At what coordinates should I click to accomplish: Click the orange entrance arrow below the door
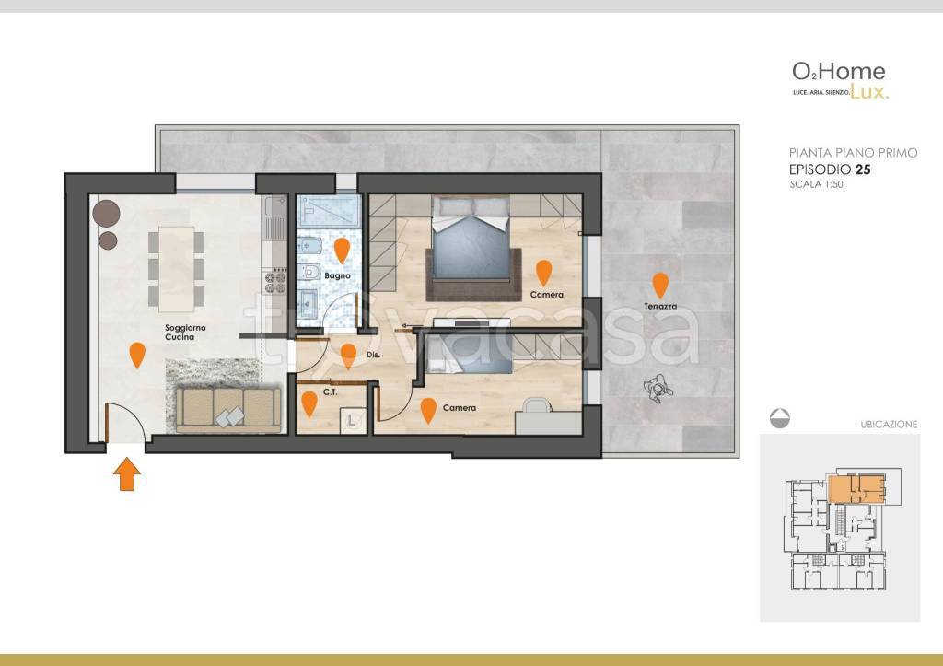[127, 474]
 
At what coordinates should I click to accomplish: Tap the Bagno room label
[337, 275]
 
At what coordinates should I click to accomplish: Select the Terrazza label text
[660, 306]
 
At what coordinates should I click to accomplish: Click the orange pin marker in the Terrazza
[660, 286]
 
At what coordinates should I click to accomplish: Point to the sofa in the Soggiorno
[228, 410]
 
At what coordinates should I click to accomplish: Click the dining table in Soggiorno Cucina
[176, 269]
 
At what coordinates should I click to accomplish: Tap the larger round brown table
[107, 213]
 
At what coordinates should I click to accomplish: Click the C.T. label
[331, 392]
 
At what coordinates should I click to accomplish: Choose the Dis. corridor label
[374, 355]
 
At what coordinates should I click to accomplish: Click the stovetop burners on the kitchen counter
[275, 283]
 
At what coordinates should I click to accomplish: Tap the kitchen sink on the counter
[275, 208]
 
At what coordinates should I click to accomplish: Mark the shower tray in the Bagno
[329, 211]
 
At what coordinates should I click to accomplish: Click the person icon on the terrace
[658, 388]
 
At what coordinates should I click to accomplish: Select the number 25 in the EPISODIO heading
[863, 169]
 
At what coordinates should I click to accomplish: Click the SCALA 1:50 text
[816, 185]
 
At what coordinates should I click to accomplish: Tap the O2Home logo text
[838, 72]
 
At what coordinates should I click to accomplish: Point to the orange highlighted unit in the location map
[856, 488]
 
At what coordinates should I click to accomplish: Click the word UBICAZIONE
[889, 424]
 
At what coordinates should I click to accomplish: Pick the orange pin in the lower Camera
[428, 410]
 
